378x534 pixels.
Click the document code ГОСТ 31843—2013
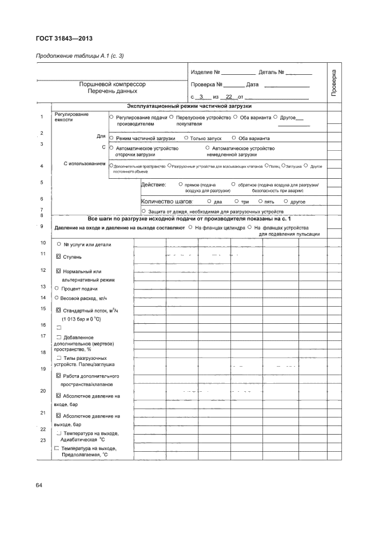[64, 39]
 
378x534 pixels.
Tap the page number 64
[39, 485]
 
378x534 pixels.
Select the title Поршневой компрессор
[113, 84]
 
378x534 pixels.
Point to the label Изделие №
[205, 73]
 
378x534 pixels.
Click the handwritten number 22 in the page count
[231, 97]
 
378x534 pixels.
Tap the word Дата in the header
[252, 85]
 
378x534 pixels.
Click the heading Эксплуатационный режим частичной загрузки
[189, 106]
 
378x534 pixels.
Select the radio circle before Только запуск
[186, 138]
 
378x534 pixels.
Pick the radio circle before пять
[260, 201]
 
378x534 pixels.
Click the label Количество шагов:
[167, 202]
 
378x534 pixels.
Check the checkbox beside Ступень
[58, 256]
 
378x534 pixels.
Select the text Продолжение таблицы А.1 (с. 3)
[80, 55]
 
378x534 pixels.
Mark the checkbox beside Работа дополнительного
[58, 376]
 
